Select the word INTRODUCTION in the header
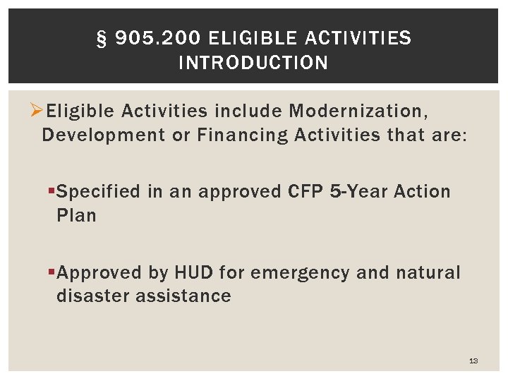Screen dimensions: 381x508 pos(254,63)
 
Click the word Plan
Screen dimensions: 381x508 pos(75,214)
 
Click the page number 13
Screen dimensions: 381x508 pos(473,361)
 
